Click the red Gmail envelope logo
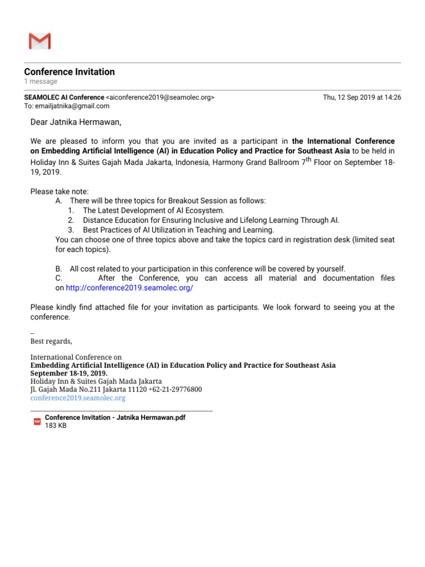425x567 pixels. coord(39,41)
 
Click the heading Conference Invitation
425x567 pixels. coord(69,72)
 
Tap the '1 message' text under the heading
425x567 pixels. coord(40,81)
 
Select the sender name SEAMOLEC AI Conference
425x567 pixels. coord(64,97)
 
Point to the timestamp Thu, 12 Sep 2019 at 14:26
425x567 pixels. coord(362,97)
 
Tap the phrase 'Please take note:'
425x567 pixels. coord(59,192)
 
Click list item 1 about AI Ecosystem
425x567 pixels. coord(153,210)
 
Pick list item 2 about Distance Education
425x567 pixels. coord(211,220)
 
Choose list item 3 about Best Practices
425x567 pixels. coord(178,229)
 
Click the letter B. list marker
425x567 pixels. coord(59,269)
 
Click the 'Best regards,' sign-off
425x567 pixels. coord(51,341)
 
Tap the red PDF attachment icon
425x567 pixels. coord(37,422)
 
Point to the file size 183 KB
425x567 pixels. coord(55,426)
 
